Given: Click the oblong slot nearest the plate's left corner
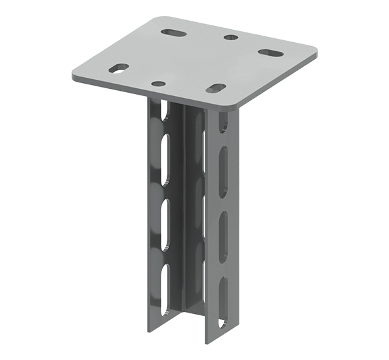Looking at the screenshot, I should (x=118, y=67).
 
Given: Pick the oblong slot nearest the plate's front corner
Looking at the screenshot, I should (x=217, y=88).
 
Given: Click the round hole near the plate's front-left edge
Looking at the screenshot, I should (x=158, y=84).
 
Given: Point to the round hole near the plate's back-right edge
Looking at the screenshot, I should (x=230, y=37).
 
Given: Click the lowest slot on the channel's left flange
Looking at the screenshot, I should (x=167, y=280).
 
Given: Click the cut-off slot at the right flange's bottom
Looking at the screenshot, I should (x=223, y=333).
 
